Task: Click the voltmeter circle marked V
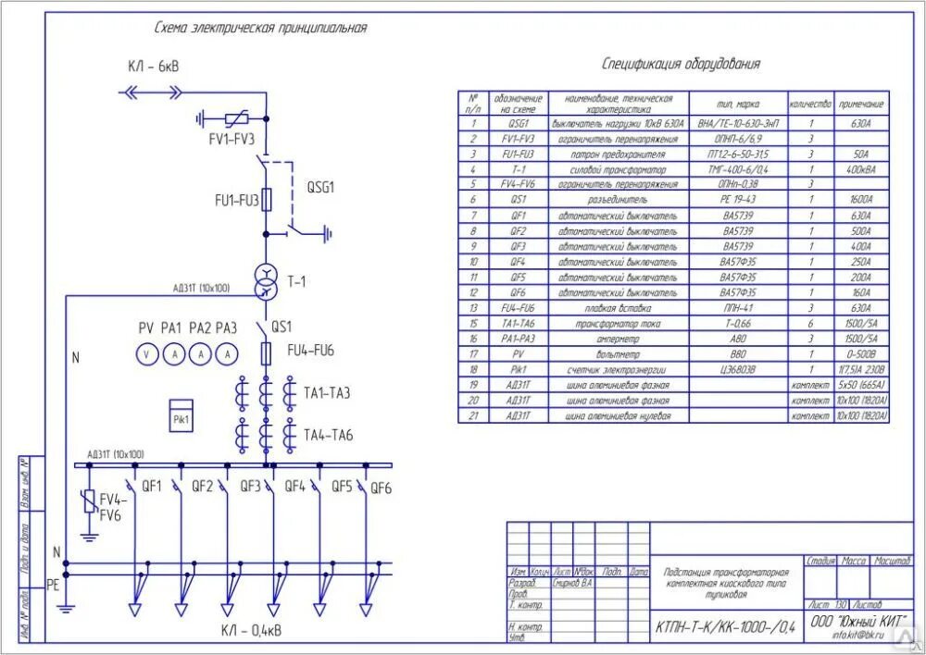(145, 354)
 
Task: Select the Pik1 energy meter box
(181, 414)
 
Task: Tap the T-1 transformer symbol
(265, 280)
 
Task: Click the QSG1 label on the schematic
(320, 187)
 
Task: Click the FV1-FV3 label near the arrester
(231, 139)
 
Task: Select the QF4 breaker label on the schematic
(294, 486)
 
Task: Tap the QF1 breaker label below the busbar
(151, 486)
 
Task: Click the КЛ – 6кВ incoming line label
(154, 68)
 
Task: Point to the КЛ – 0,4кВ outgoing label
(252, 631)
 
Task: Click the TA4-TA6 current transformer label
(328, 435)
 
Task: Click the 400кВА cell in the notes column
(861, 169)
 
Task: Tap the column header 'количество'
(810, 104)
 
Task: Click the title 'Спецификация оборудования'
(681, 65)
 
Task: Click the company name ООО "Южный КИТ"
(859, 620)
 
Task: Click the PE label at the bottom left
(53, 585)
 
